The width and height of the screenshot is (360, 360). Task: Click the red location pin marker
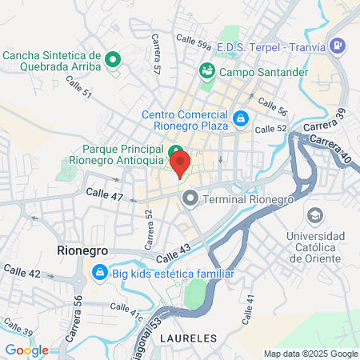181,165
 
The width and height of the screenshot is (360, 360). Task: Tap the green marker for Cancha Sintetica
113,58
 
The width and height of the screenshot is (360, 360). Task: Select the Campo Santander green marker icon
207,71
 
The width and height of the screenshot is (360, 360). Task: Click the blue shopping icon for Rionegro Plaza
240,120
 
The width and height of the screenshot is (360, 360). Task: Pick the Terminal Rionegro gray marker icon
190,198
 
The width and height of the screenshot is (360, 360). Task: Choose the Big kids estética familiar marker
99,274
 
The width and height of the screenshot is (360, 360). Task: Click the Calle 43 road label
175,253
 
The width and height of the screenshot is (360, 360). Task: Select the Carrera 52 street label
149,228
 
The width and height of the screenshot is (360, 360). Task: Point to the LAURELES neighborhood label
188,338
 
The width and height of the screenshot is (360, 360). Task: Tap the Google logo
27,350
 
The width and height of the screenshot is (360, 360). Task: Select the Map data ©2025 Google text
311,354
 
